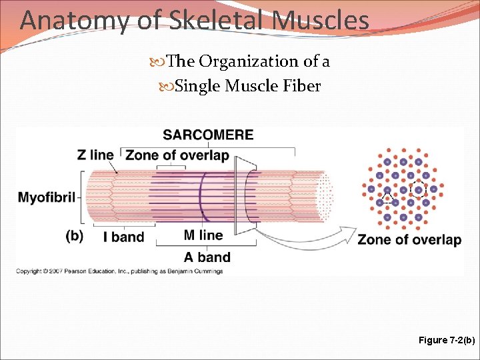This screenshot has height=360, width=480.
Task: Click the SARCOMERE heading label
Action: pyautogui.click(x=208, y=135)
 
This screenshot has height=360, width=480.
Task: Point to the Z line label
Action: pyautogui.click(x=95, y=155)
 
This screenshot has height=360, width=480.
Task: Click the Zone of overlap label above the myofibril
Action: pyautogui.click(x=177, y=155)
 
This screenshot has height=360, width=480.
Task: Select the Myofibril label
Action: pyautogui.click(x=47, y=197)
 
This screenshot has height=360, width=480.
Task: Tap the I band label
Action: pyautogui.click(x=123, y=237)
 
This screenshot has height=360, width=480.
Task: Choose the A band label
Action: pyautogui.click(x=207, y=257)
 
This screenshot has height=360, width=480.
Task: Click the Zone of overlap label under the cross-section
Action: pyautogui.click(x=409, y=239)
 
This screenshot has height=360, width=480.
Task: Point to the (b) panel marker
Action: pyautogui.click(x=74, y=236)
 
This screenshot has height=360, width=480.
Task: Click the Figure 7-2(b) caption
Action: pyautogui.click(x=446, y=340)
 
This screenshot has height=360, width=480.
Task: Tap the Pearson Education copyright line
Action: pyautogui.click(x=119, y=271)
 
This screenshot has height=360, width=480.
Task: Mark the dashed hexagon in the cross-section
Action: pyautogui.click(x=419, y=190)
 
